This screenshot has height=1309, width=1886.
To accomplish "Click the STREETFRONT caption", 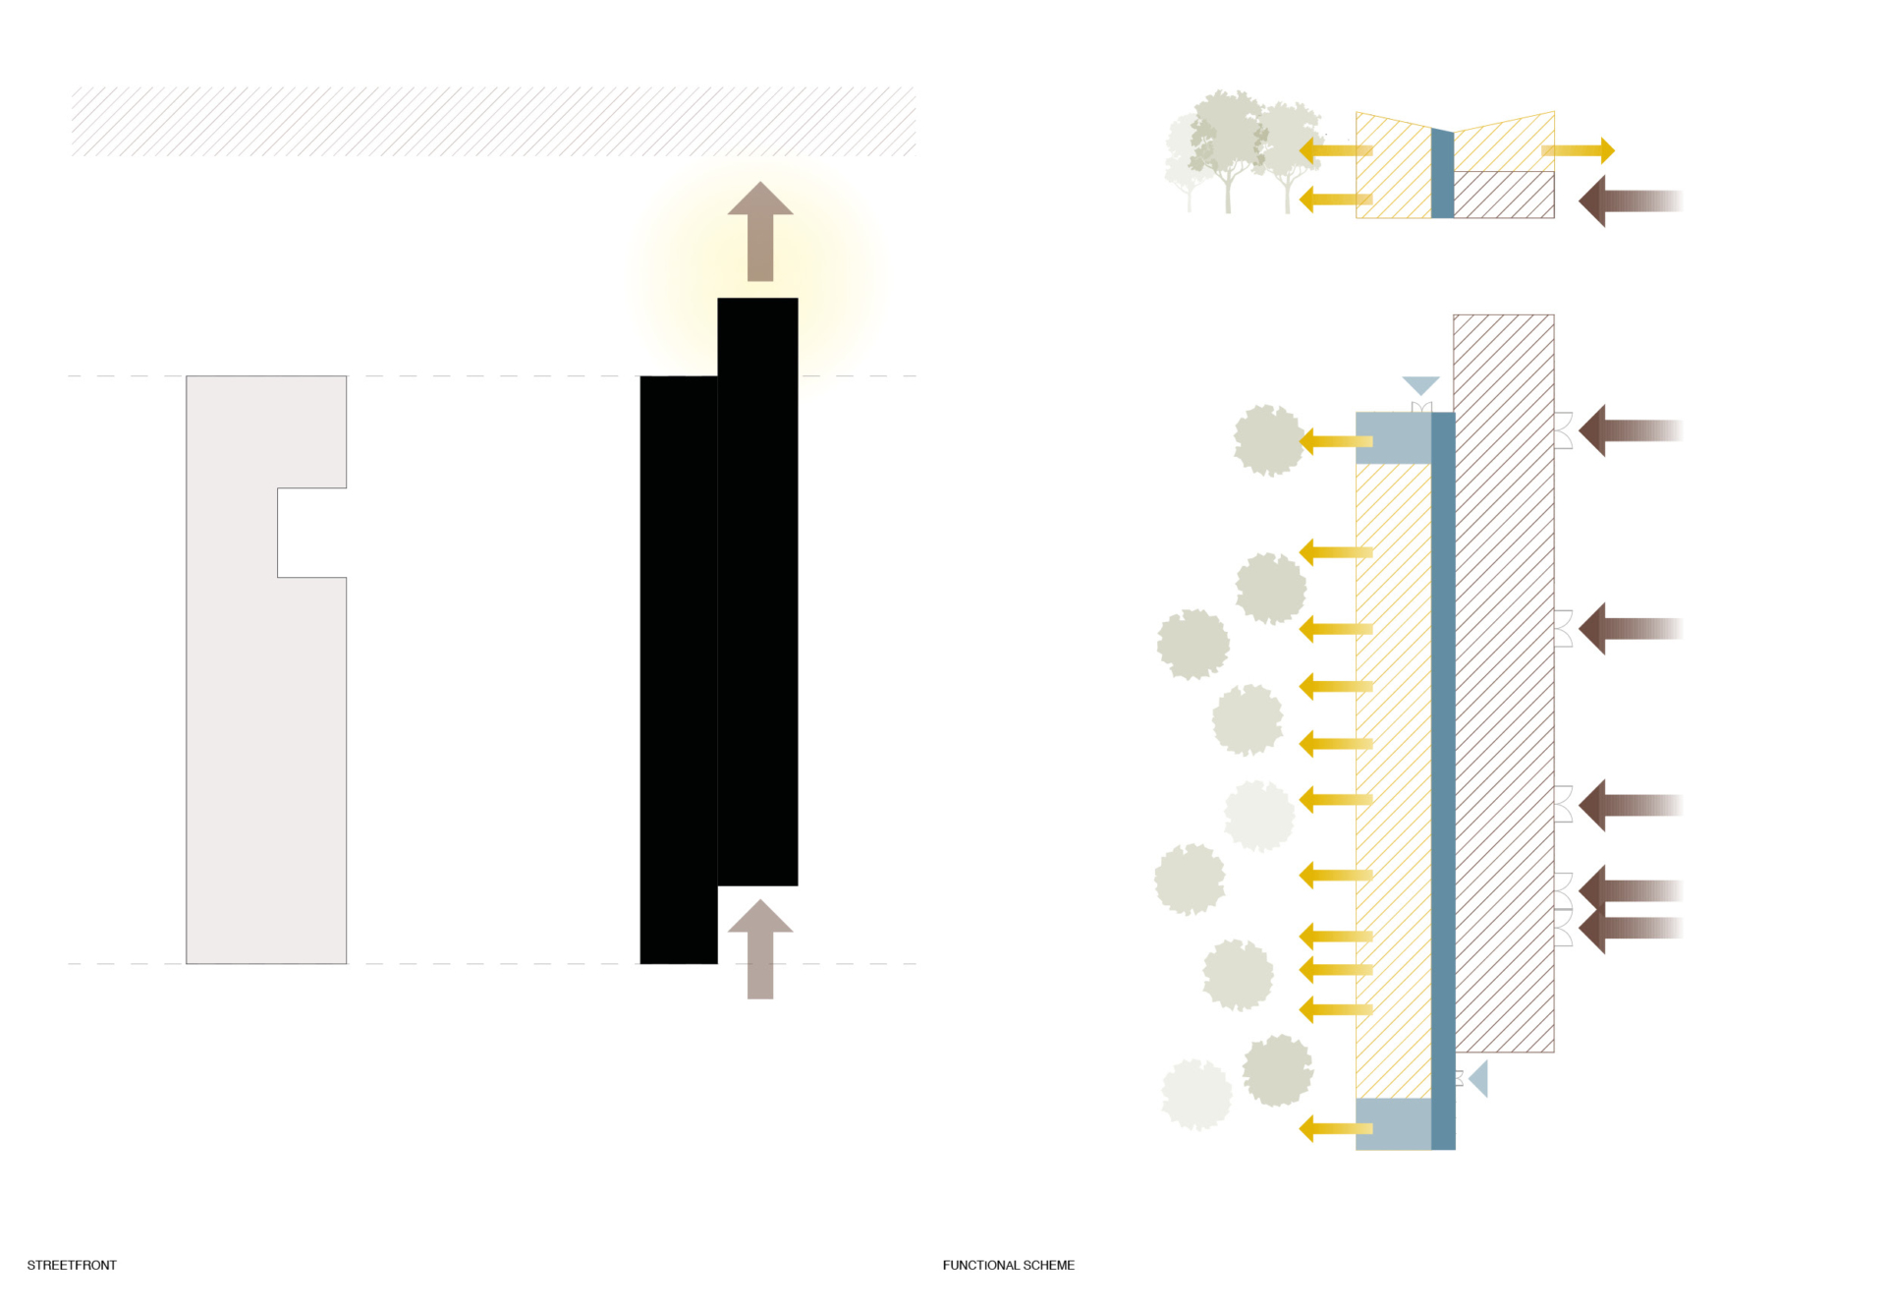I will coord(72,1265).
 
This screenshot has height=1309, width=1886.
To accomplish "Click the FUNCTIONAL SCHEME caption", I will coord(1008,1265).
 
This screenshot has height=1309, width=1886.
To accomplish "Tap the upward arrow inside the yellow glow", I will coord(760,232).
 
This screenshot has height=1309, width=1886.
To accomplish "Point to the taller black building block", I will coord(757,590).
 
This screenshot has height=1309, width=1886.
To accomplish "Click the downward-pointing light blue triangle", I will coord(1420,384).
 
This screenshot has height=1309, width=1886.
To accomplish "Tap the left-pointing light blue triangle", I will coord(1479,1078).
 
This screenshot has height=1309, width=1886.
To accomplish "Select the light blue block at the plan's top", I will coord(1393,437).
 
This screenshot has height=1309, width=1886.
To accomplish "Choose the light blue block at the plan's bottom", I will coord(1393,1123).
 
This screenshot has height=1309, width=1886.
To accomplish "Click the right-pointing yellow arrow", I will coord(1578,150).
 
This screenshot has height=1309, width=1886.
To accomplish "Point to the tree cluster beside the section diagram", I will coord(1243,152).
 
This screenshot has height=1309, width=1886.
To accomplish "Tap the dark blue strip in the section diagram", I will coord(1442,173).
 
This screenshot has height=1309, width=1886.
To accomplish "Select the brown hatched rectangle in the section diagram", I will coord(1503,195).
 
